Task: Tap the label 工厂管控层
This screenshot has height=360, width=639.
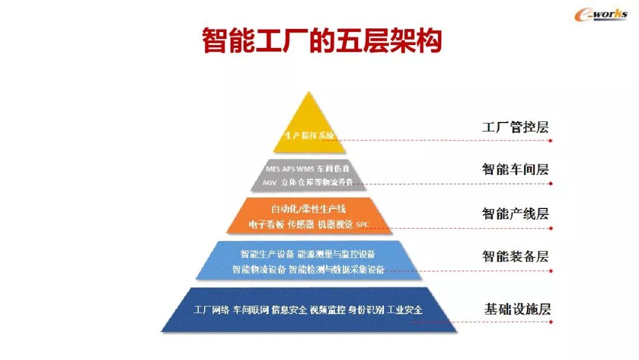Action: [515, 127]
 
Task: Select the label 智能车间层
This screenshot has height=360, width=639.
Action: [515, 170]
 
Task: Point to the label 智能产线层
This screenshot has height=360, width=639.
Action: [515, 214]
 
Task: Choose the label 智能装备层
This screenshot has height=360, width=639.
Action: [515, 257]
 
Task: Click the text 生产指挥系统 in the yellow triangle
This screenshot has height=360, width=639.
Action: [309, 136]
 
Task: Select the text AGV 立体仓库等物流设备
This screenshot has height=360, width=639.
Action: [308, 182]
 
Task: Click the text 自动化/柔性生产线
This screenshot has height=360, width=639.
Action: [308, 210]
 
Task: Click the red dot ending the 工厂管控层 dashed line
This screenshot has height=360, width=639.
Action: [550, 141]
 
